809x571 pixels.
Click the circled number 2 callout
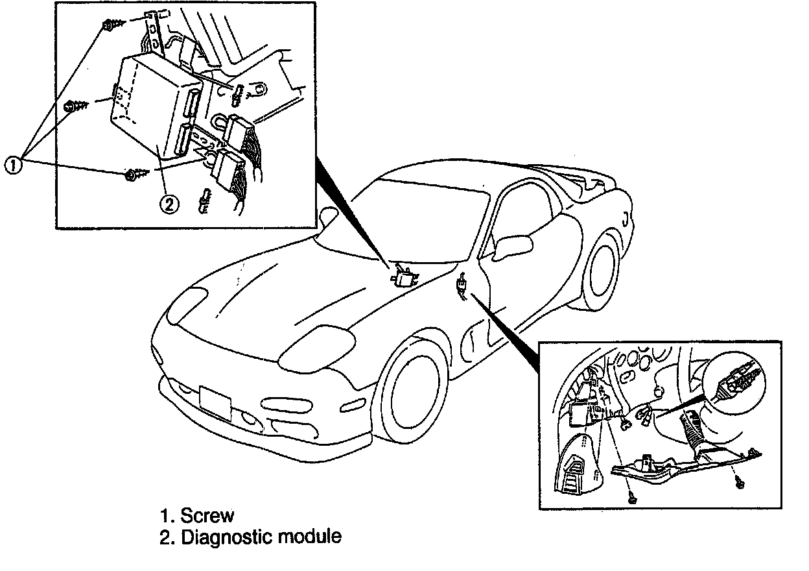168,205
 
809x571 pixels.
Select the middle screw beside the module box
72,104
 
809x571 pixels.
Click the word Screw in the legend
207,516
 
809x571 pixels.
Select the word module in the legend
313,537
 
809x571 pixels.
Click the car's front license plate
215,403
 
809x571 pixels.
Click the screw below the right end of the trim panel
742,481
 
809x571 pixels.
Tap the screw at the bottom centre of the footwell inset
633,498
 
